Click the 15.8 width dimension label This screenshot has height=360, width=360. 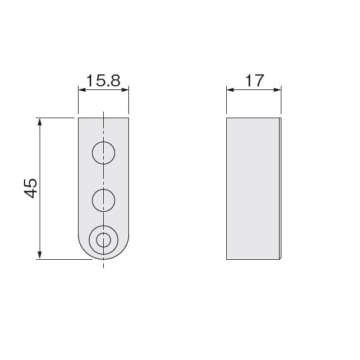click(x=103, y=80)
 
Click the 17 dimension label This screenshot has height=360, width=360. click(x=254, y=80)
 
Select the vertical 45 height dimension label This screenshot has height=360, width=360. click(x=31, y=188)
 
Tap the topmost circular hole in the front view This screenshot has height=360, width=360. click(x=104, y=153)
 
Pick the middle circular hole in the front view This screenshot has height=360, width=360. click(x=104, y=200)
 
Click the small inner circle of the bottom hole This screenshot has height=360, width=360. click(x=104, y=240)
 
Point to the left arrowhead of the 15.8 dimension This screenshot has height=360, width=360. click(x=82, y=90)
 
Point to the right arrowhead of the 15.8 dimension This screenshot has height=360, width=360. click(x=125, y=90)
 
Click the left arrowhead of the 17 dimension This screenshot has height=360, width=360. click(x=230, y=90)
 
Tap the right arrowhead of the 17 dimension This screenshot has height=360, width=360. click(x=277, y=90)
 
